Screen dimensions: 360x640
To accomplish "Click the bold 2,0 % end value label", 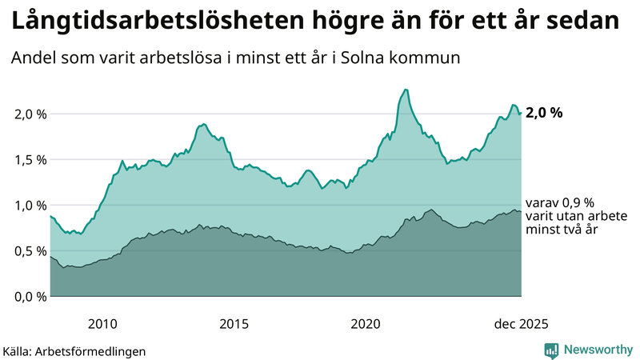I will [x=544, y=113].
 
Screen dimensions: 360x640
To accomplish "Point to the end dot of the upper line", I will [x=521, y=113].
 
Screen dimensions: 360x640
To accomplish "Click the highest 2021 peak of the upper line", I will [x=406, y=90].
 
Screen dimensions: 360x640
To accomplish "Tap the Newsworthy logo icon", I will [x=551, y=350].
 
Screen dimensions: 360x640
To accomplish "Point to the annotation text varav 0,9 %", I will [x=560, y=203].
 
